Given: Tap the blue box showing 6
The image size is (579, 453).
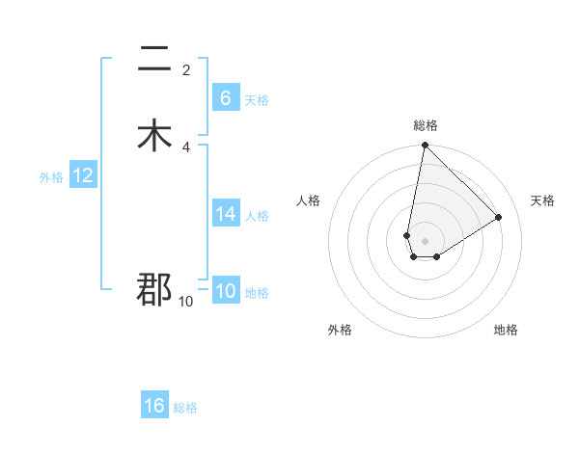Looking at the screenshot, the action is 225,98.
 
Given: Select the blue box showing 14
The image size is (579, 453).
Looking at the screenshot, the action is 225,214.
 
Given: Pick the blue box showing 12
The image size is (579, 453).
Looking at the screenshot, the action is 83,175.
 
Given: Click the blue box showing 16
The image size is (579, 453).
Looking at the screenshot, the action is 154,406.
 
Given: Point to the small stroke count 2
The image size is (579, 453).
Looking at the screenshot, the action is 186,70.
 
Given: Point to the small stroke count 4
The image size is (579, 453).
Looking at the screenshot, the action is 186,147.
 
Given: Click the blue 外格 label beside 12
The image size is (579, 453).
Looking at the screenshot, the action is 51,176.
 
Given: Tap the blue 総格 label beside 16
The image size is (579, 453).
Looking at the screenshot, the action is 185,408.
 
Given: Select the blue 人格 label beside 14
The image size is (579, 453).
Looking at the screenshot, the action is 257,216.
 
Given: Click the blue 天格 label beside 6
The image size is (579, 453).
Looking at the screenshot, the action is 257,100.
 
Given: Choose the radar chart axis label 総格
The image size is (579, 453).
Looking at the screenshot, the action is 426,125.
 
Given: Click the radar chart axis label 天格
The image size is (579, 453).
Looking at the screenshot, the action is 543,200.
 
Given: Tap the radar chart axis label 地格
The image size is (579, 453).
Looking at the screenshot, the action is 506,330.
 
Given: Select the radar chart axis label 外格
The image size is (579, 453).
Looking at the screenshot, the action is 340,330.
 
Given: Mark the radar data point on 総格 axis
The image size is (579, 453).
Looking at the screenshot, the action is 425,147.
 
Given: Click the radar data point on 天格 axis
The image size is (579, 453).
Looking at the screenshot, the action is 498,217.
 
